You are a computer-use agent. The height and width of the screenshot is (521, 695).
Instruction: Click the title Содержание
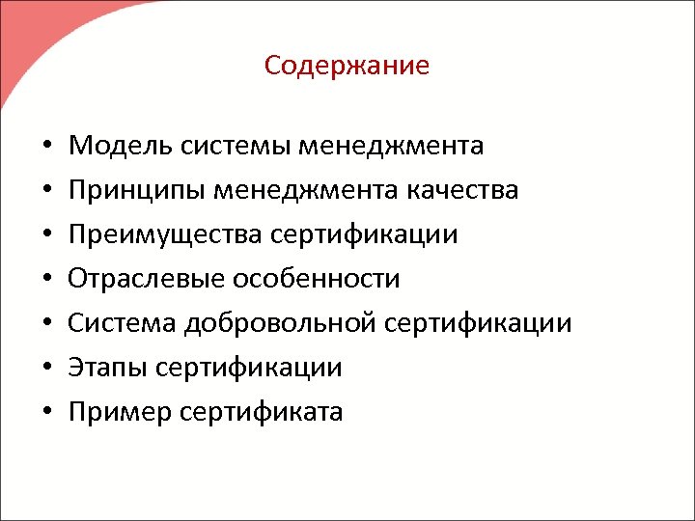347,66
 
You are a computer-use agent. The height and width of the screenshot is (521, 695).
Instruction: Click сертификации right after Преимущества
363,234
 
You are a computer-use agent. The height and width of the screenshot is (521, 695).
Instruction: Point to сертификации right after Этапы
249,368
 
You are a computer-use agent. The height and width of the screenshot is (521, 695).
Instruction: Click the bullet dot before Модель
46,148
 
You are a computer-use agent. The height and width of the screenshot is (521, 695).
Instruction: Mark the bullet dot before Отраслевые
46,281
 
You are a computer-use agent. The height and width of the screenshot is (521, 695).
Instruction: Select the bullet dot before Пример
46,414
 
